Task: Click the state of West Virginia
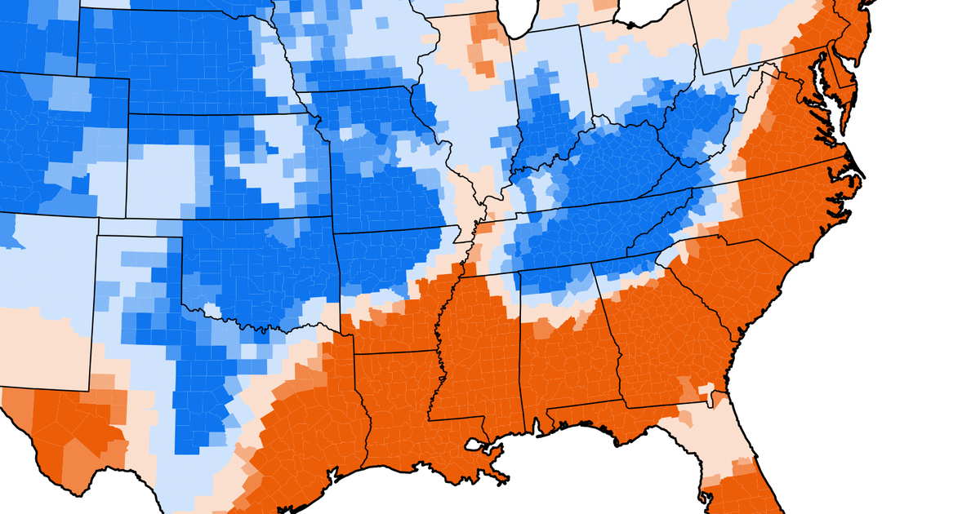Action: coord(719,122)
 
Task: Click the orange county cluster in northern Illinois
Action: coord(487,49)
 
